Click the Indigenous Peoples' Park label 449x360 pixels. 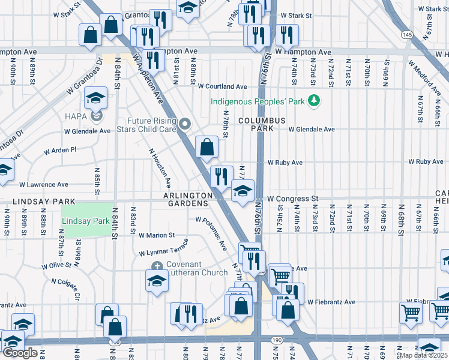pos(257,101)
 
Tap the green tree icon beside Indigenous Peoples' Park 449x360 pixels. pos(313,100)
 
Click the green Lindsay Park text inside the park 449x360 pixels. pos(87,221)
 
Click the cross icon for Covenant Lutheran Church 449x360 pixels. pos(157,266)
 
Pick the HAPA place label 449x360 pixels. pos(78,116)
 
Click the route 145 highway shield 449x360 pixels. pos(407,35)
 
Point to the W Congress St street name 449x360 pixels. pos(292,199)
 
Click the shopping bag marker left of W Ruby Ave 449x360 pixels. pos(206,146)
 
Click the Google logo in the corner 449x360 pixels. pos(20,353)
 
